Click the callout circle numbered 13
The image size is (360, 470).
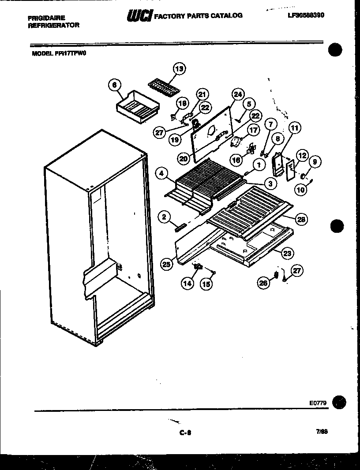point(179,68)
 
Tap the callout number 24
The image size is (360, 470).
point(238,94)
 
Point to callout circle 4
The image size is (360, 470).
point(163,174)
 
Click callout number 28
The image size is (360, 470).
point(302,219)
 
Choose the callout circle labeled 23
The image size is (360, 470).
point(288,254)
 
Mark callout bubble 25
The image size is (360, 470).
point(166,265)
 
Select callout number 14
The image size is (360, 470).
point(187,283)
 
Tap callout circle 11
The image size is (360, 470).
point(294,129)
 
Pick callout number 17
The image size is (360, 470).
point(253,130)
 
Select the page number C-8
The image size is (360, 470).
point(185,433)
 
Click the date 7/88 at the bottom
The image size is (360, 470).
point(321,432)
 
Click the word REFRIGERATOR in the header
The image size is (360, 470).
point(54,25)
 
